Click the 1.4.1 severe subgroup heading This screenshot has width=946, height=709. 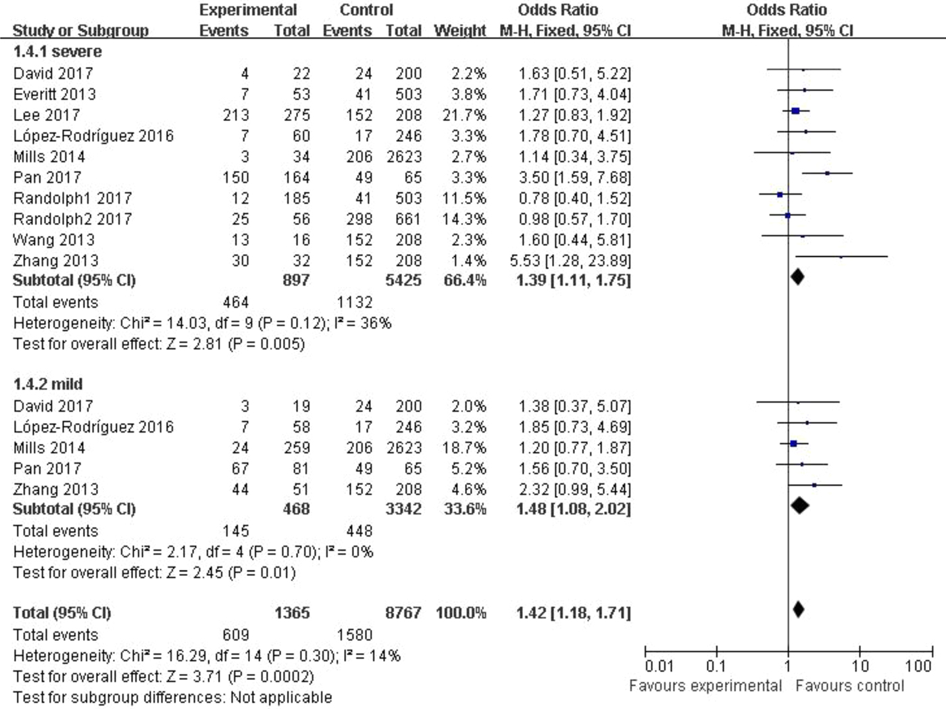(x=57, y=52)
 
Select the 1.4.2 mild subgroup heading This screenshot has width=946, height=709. (x=48, y=385)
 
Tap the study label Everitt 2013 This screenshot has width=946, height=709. (x=55, y=94)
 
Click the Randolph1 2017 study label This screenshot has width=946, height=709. (x=72, y=198)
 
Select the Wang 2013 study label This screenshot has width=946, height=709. (x=54, y=240)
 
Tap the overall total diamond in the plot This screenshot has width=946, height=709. (x=798, y=610)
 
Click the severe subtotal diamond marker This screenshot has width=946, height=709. (x=797, y=276)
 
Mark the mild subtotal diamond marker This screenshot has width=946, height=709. (x=799, y=505)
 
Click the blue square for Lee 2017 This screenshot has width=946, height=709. (x=795, y=111)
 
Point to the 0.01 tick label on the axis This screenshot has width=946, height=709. (x=659, y=666)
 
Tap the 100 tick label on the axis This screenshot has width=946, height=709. (x=918, y=666)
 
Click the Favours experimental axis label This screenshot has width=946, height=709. (x=705, y=686)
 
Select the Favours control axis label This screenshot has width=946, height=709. (x=849, y=686)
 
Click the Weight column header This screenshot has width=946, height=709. (x=459, y=31)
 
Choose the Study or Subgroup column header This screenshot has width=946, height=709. (x=80, y=31)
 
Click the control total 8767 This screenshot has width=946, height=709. (x=403, y=613)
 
